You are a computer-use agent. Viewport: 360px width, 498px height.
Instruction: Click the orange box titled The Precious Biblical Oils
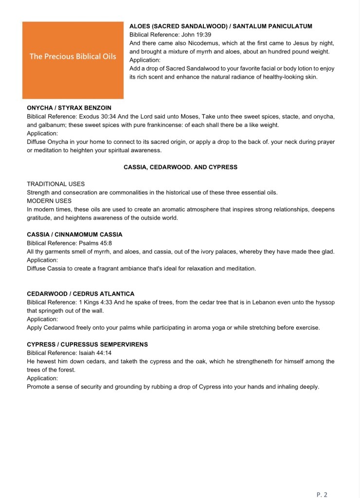[73, 60]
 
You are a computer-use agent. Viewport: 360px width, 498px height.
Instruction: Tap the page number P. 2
[322, 494]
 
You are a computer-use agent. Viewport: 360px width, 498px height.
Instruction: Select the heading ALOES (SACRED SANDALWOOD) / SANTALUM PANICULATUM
[220, 26]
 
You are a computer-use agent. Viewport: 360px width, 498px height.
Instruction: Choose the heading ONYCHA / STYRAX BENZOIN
[69, 108]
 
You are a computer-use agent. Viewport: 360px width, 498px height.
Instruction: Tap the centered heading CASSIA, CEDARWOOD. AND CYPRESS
[180, 167]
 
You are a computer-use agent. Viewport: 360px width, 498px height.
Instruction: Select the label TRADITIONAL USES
[55, 184]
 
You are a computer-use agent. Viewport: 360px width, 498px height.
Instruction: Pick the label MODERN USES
[49, 201]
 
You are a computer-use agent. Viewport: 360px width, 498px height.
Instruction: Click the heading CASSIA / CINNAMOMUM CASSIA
[74, 234]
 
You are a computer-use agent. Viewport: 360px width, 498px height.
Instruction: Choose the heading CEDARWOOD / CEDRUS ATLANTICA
[80, 294]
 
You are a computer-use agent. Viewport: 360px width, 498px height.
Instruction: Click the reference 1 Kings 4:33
[96, 302]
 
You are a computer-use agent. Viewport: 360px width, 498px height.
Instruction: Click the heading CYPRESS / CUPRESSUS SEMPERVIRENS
[87, 344]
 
